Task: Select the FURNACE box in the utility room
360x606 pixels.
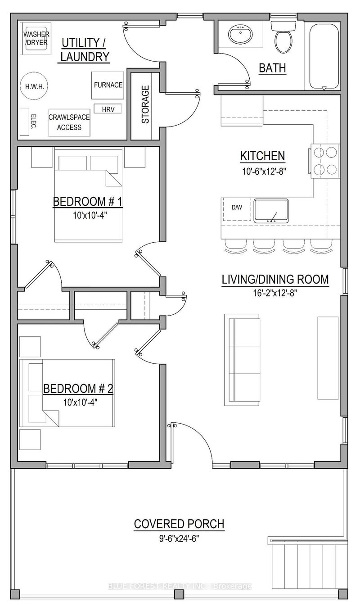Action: point(108,85)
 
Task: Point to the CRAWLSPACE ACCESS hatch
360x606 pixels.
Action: point(69,122)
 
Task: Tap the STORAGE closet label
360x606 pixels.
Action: point(145,108)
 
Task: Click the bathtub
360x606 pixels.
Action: point(324,55)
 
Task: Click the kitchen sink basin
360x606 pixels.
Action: point(271,211)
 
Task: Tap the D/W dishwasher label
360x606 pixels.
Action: point(236,208)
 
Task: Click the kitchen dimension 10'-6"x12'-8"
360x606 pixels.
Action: point(263,171)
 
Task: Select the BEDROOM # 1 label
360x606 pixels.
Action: point(88,201)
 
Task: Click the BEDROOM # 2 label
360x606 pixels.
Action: point(77,388)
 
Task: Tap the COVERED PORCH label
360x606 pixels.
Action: point(179,524)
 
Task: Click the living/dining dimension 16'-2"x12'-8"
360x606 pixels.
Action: point(275,293)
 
